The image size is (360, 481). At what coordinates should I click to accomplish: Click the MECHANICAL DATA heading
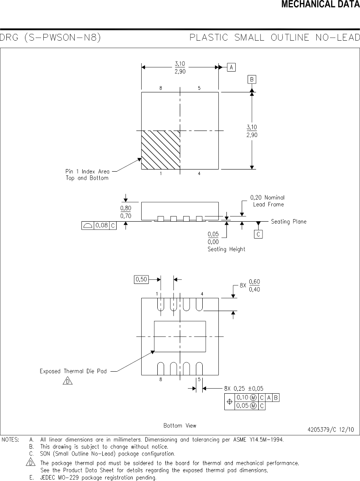coord(320,5)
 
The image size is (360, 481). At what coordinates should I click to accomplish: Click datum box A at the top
coord(231,67)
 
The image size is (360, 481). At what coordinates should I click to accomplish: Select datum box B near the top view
coord(252,80)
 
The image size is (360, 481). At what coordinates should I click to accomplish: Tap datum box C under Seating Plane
coord(258,234)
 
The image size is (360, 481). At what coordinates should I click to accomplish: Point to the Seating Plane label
coord(288,222)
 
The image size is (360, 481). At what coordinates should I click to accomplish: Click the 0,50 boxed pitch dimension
coord(141,279)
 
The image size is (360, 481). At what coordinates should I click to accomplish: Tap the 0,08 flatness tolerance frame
coord(99,225)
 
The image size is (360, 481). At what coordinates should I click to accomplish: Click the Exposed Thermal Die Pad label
coord(73,371)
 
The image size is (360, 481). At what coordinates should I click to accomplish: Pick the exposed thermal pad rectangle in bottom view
coord(180,336)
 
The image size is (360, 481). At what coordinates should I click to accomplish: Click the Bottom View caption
coord(180,425)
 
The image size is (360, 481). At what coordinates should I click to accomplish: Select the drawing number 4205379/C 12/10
coord(331,429)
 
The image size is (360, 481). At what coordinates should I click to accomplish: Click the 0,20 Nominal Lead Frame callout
coord(268,201)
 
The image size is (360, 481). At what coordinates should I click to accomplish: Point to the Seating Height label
coord(226,249)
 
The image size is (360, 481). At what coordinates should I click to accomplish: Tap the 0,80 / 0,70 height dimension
coord(126,212)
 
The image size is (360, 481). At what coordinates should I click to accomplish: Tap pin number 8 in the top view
coord(161,88)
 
